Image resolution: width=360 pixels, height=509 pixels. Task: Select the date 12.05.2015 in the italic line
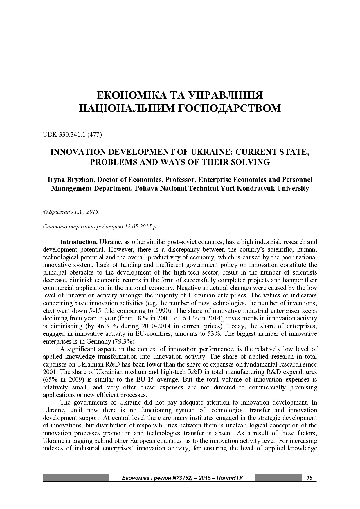tap(138, 226)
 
